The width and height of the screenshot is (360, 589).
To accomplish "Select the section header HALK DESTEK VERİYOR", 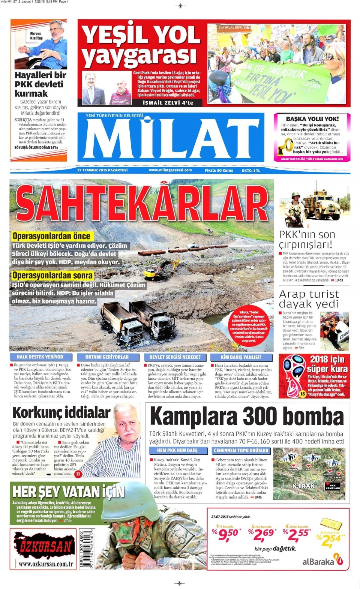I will tap(40, 357).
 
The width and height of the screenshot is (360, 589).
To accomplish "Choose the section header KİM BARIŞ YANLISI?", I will tap(241, 357).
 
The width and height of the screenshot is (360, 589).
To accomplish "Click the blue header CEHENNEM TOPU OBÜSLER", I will tap(241, 450).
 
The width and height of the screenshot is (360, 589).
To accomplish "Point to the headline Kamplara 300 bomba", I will tap(247, 416).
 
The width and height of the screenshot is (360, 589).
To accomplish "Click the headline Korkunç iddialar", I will tap(61, 413).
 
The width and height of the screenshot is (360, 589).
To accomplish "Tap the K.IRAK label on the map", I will tap(303, 486).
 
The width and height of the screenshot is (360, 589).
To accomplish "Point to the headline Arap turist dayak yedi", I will tap(309, 299).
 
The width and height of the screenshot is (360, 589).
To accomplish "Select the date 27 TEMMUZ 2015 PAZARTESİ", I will tap(102, 170).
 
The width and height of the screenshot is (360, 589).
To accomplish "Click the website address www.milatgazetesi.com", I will tap(170, 170).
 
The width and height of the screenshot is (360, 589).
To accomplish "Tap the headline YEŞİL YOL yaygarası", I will tap(141, 45).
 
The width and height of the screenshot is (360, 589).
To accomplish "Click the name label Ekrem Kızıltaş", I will tap(36, 36).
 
